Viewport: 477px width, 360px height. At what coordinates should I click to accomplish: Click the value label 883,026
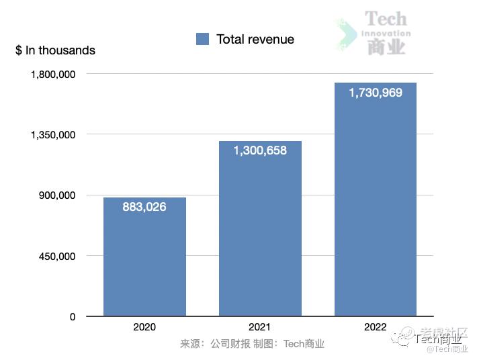point(144,207)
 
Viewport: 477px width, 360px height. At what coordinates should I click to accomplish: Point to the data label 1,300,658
point(260,150)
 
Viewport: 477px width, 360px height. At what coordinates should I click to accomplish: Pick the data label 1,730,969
point(376,93)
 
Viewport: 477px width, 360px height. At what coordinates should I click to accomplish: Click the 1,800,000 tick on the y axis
point(53,74)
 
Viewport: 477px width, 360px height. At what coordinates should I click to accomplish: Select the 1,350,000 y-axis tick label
point(53,134)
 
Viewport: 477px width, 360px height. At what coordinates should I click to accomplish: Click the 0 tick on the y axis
point(73,316)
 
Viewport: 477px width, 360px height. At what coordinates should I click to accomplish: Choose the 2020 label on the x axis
point(144,327)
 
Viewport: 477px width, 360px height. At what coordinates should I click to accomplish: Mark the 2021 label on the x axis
point(260,327)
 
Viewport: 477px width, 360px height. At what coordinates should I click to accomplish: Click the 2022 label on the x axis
point(376,327)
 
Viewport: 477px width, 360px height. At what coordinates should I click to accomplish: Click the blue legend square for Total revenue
point(203,39)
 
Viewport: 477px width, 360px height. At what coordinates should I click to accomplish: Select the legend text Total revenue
point(255,39)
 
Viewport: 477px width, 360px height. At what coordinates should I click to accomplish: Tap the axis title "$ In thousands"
point(55,50)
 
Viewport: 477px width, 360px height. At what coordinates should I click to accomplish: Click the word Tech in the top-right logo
point(386,19)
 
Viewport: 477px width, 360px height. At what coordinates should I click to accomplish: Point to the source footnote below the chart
point(252,344)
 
